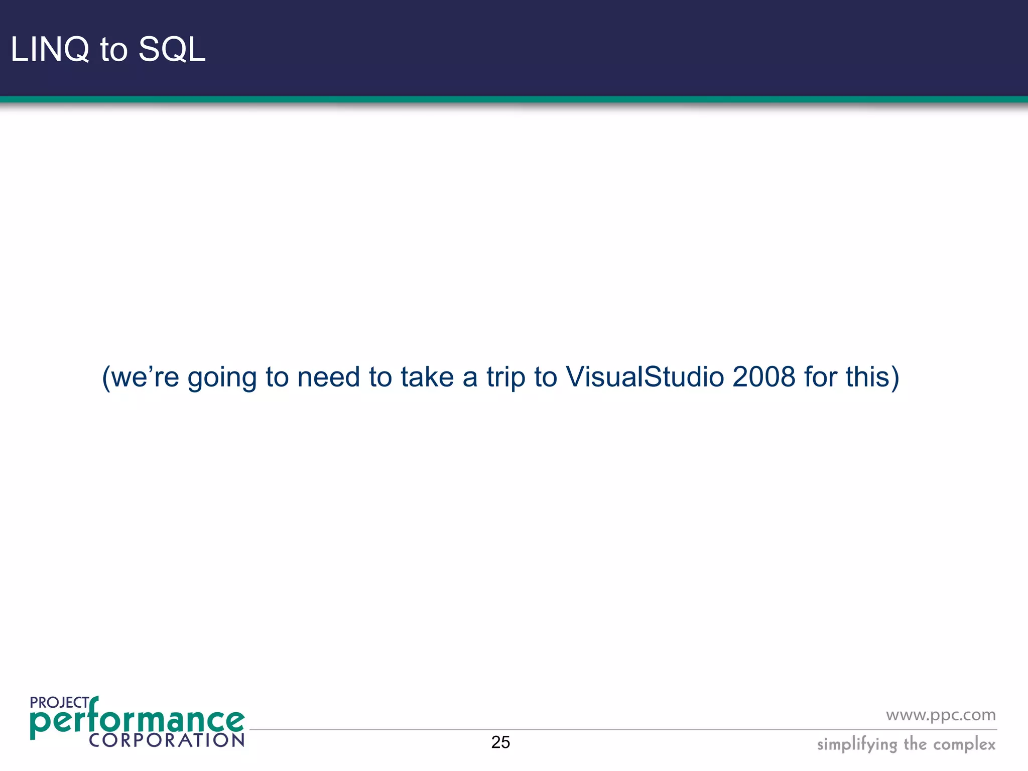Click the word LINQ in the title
tap(49, 50)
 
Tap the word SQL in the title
tap(172, 50)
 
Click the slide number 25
tap(500, 742)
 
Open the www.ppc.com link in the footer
tap(941, 715)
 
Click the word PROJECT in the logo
tap(59, 703)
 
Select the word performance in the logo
tap(137, 722)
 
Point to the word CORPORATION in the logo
tap(166, 740)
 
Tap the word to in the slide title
tap(113, 50)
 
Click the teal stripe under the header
tap(514, 99)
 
